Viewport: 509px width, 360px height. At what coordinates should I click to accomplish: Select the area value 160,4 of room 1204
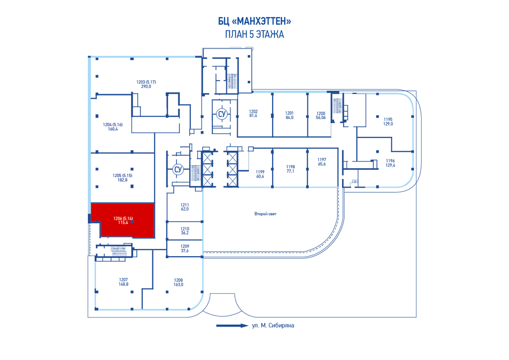113,129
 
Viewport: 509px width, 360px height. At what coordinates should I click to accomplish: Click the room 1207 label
123,282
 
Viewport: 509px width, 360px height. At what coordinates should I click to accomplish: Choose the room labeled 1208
178,282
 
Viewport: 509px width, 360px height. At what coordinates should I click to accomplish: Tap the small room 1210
185,231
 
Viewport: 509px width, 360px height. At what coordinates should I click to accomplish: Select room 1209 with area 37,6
185,248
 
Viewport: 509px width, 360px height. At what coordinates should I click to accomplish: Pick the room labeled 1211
185,207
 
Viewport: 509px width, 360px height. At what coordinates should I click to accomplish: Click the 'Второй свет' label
265,214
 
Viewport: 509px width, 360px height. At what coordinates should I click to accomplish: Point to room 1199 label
260,174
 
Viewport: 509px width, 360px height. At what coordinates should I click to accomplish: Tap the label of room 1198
290,169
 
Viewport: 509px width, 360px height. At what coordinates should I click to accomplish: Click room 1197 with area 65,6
322,161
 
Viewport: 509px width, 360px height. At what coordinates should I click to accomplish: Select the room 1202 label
253,113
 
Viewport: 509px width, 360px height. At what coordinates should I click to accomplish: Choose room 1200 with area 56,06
321,115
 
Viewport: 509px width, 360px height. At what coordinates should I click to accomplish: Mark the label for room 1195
388,121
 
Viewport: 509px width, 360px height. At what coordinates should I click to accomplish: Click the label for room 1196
390,163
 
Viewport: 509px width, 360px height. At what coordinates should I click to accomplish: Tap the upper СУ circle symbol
222,114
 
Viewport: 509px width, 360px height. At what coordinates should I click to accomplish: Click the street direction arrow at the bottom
232,326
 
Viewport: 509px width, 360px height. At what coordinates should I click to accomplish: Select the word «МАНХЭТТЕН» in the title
262,22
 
